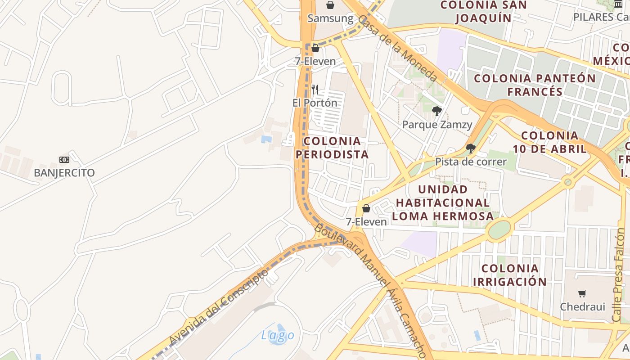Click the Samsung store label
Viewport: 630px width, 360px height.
pyautogui.click(x=330, y=18)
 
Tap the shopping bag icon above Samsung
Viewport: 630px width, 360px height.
pyautogui.click(x=330, y=5)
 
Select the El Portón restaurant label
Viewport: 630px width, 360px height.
pyautogui.click(x=315, y=103)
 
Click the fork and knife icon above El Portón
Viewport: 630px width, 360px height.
pyautogui.click(x=315, y=90)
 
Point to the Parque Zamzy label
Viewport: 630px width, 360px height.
pyautogui.click(x=437, y=125)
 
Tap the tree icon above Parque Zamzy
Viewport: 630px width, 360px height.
pyautogui.click(x=436, y=111)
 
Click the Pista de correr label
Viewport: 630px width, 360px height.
pyautogui.click(x=471, y=162)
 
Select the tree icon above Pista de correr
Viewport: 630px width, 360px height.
pyautogui.click(x=471, y=148)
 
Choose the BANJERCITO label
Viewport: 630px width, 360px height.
pyautogui.click(x=64, y=173)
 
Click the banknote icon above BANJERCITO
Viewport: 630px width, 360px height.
pyautogui.click(x=64, y=159)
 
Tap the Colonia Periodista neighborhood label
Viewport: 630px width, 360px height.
pyautogui.click(x=332, y=148)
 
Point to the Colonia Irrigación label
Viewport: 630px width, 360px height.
pyautogui.click(x=510, y=275)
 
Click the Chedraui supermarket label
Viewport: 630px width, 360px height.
pyautogui.click(x=582, y=307)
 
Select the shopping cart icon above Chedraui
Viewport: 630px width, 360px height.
pyautogui.click(x=582, y=294)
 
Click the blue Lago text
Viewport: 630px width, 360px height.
pyautogui.click(x=278, y=335)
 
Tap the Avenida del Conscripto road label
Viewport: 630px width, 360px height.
pyautogui.click(x=219, y=306)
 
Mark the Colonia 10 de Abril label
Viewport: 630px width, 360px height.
pyautogui.click(x=550, y=142)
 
